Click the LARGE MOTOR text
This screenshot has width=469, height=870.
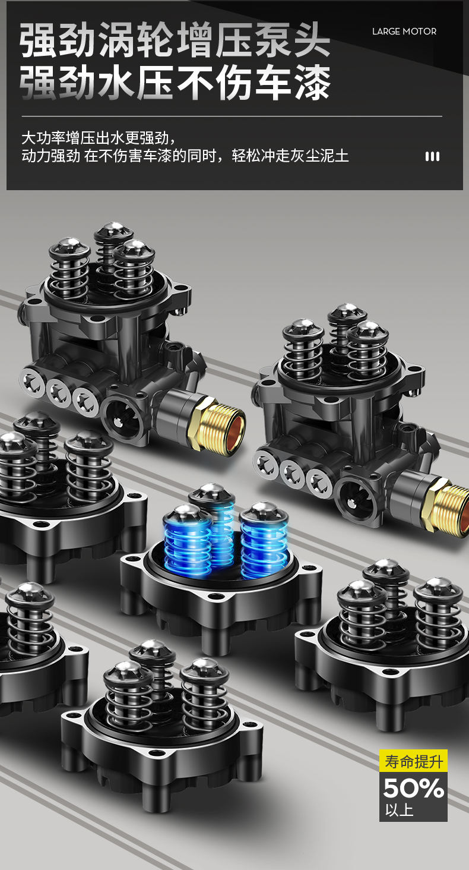[x=404, y=31]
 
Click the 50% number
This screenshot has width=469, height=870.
[x=414, y=788]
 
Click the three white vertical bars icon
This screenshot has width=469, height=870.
[x=433, y=156]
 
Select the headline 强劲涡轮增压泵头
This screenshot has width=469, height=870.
[x=175, y=40]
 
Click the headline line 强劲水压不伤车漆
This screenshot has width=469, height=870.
[x=175, y=82]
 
